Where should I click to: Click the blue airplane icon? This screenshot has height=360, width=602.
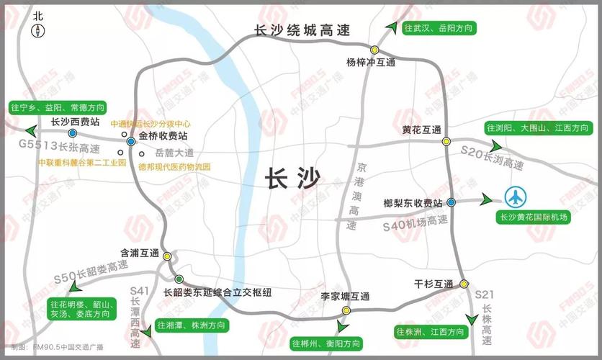516,198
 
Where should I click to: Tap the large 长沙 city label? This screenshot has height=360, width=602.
292,177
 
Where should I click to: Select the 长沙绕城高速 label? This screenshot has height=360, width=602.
302,31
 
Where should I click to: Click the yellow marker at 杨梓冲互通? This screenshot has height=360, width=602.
374,50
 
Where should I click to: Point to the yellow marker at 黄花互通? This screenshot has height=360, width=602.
446,141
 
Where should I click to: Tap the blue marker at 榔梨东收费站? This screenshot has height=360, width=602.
451,203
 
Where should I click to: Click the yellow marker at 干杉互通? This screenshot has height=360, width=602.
464,284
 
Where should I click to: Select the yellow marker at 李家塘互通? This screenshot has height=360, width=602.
346,310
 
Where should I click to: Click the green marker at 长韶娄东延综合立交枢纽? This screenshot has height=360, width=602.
179,279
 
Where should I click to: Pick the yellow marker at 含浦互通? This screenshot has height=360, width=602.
167,256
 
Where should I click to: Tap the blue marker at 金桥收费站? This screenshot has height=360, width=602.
130,142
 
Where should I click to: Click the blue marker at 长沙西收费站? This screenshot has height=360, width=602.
73,133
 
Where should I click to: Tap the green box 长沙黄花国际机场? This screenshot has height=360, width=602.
534,217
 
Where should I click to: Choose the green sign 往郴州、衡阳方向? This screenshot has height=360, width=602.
326,343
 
